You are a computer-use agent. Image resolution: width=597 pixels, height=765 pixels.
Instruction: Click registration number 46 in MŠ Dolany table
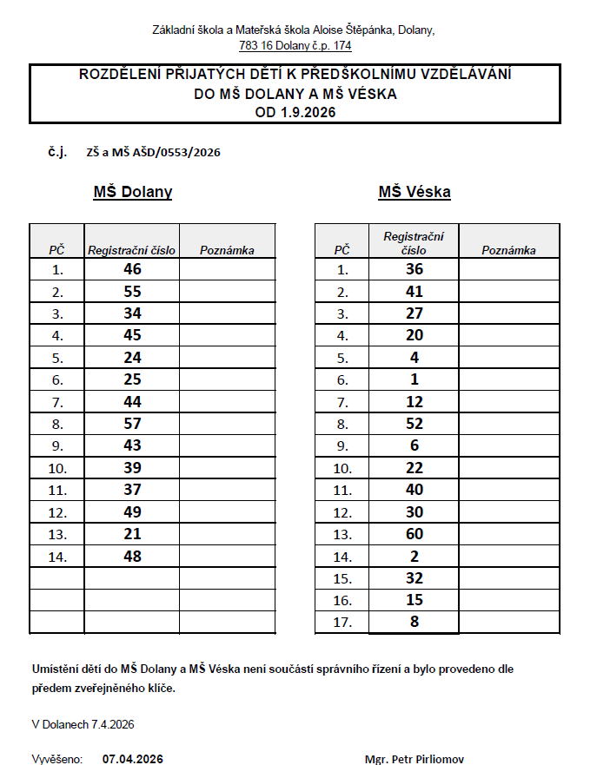[132, 269]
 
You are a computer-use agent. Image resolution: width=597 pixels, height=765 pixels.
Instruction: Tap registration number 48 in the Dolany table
[132, 556]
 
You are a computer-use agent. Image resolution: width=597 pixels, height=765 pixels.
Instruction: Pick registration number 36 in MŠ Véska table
[415, 269]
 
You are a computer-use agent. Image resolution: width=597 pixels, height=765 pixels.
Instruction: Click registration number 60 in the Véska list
[415, 533]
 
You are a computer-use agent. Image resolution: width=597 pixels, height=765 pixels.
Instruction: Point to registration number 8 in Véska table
[415, 622]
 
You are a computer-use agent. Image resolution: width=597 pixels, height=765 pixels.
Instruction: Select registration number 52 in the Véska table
[415, 423]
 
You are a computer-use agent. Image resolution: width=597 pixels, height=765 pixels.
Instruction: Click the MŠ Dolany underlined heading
[132, 192]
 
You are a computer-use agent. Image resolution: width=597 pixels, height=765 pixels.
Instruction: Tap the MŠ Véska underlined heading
[415, 192]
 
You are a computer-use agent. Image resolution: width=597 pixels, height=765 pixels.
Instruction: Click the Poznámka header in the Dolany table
[227, 250]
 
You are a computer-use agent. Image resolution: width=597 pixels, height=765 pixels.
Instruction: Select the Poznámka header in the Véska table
[508, 250]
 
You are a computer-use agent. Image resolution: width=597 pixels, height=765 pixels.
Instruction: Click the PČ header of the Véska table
[342, 250]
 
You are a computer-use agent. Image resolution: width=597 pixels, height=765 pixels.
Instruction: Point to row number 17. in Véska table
[342, 623]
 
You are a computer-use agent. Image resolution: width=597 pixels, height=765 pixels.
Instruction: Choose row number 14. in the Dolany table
[57, 557]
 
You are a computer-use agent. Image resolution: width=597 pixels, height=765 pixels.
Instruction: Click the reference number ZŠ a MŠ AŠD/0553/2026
[153, 152]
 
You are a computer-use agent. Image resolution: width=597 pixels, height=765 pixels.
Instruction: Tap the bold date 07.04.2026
[132, 759]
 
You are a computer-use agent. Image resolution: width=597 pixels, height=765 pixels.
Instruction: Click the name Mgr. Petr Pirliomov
[415, 759]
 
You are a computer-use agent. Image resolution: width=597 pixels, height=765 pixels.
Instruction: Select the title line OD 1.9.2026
[295, 112]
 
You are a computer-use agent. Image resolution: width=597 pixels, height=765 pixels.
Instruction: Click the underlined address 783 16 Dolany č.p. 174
[295, 45]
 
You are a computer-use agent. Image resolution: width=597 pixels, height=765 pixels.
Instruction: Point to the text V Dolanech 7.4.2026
[83, 723]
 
